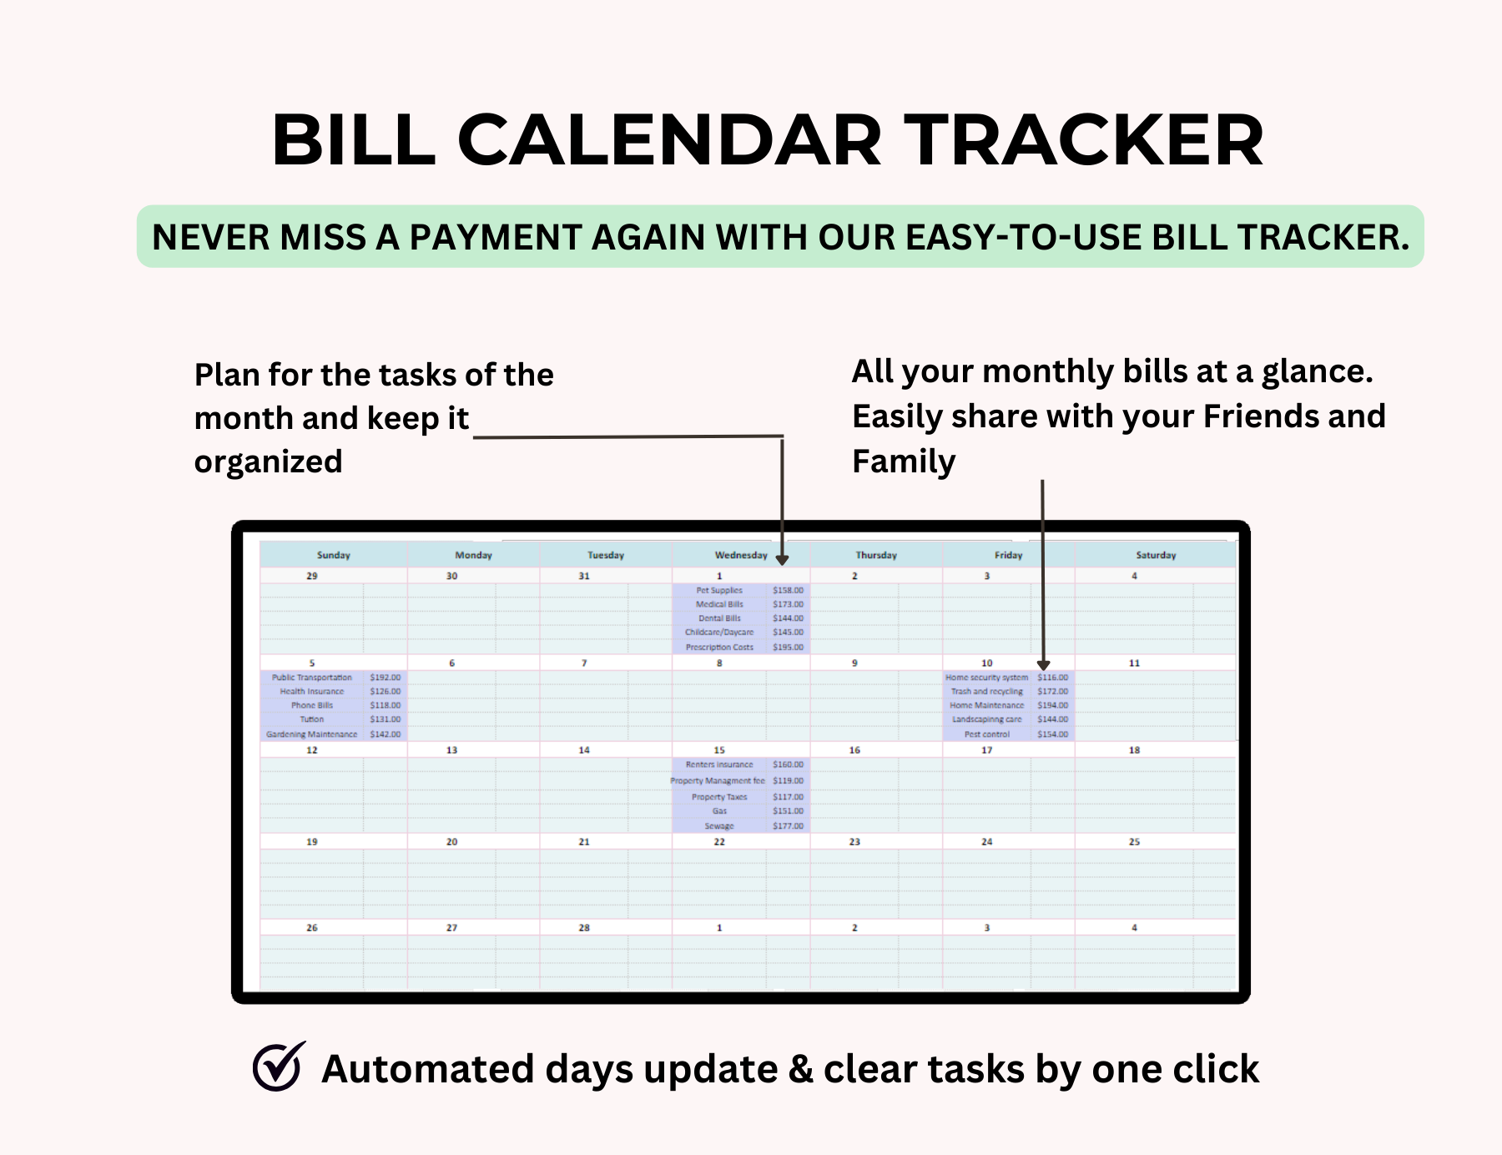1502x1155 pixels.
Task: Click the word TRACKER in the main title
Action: click(1084, 140)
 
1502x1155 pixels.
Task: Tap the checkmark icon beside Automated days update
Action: click(279, 1067)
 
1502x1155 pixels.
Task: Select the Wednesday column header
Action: click(740, 555)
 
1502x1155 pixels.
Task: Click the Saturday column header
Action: click(1155, 555)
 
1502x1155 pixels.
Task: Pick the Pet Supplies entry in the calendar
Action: click(718, 590)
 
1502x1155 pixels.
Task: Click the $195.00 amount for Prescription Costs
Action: click(788, 647)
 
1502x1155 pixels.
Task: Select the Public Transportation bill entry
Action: click(311, 678)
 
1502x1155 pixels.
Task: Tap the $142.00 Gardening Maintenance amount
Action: click(385, 734)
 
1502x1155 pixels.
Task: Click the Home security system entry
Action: click(986, 678)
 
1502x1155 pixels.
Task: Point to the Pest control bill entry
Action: click(986, 734)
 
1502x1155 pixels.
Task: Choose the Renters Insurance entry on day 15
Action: click(718, 764)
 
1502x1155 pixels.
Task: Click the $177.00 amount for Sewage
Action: click(788, 826)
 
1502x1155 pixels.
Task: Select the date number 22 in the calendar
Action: click(718, 842)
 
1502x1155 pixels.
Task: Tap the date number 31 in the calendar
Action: click(583, 576)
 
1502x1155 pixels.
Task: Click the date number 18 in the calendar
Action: click(1134, 750)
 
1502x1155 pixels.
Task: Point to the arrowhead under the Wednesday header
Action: click(782, 560)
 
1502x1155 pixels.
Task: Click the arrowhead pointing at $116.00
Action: click(1043, 665)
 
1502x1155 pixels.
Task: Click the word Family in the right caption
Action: click(903, 461)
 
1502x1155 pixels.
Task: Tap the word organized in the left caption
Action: click(268, 461)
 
